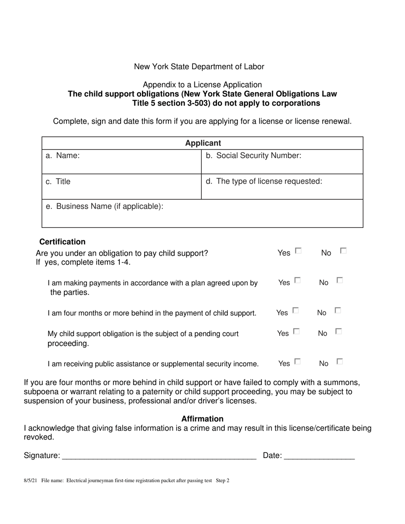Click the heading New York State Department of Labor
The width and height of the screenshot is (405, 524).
pyautogui.click(x=199, y=67)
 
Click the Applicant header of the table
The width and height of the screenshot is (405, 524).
pyautogui.click(x=203, y=143)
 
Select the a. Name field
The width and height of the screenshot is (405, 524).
pyautogui.click(x=121, y=162)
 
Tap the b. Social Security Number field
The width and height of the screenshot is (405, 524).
pyautogui.click(x=282, y=162)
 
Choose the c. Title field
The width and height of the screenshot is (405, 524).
pyautogui.click(x=121, y=187)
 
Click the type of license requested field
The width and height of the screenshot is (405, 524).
pyautogui.click(x=282, y=187)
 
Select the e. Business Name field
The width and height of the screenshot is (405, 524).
pyautogui.click(x=202, y=213)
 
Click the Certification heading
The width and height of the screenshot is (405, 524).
pyautogui.click(x=62, y=242)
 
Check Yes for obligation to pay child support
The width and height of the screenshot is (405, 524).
pyautogui.click(x=298, y=251)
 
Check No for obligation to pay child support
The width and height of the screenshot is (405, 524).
pyautogui.click(x=343, y=251)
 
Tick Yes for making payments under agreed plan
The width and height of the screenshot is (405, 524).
pyautogui.click(x=297, y=280)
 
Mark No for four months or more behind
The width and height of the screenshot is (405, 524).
pyautogui.click(x=338, y=311)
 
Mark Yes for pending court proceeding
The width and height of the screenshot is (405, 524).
pyautogui.click(x=297, y=331)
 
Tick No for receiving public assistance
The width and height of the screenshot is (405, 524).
pyautogui.click(x=339, y=362)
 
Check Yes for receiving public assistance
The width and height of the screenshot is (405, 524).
pyautogui.click(x=297, y=362)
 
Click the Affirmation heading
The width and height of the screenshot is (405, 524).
pyautogui.click(x=202, y=419)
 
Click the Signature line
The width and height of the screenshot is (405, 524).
pyautogui.click(x=159, y=456)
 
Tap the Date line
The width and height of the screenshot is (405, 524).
pyautogui.click(x=319, y=456)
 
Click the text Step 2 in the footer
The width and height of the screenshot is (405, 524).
pyautogui.click(x=223, y=481)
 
